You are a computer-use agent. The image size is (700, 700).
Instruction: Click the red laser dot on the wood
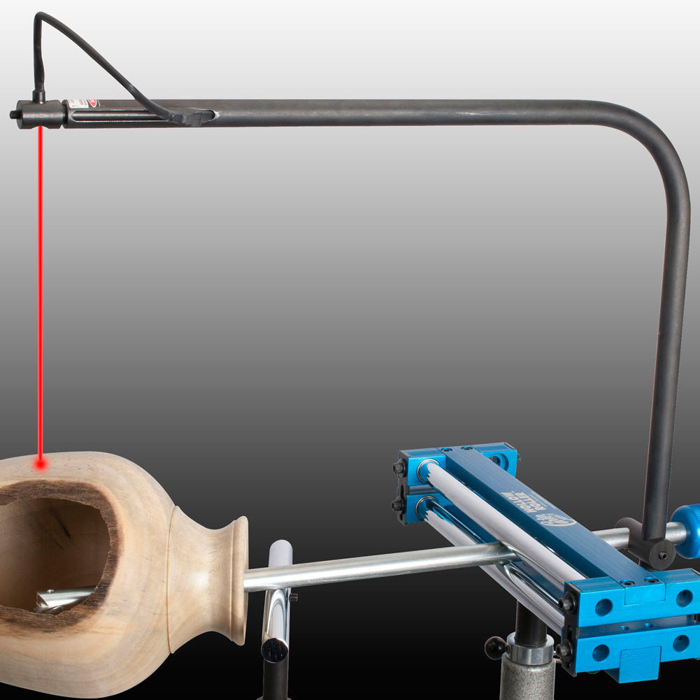(41, 463)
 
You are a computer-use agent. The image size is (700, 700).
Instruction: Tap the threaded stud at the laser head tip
(14, 114)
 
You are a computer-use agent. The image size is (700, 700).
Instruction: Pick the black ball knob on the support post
(495, 647)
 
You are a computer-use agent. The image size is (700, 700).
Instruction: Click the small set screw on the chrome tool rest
(294, 597)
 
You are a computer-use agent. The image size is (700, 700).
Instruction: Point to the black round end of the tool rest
(274, 650)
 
